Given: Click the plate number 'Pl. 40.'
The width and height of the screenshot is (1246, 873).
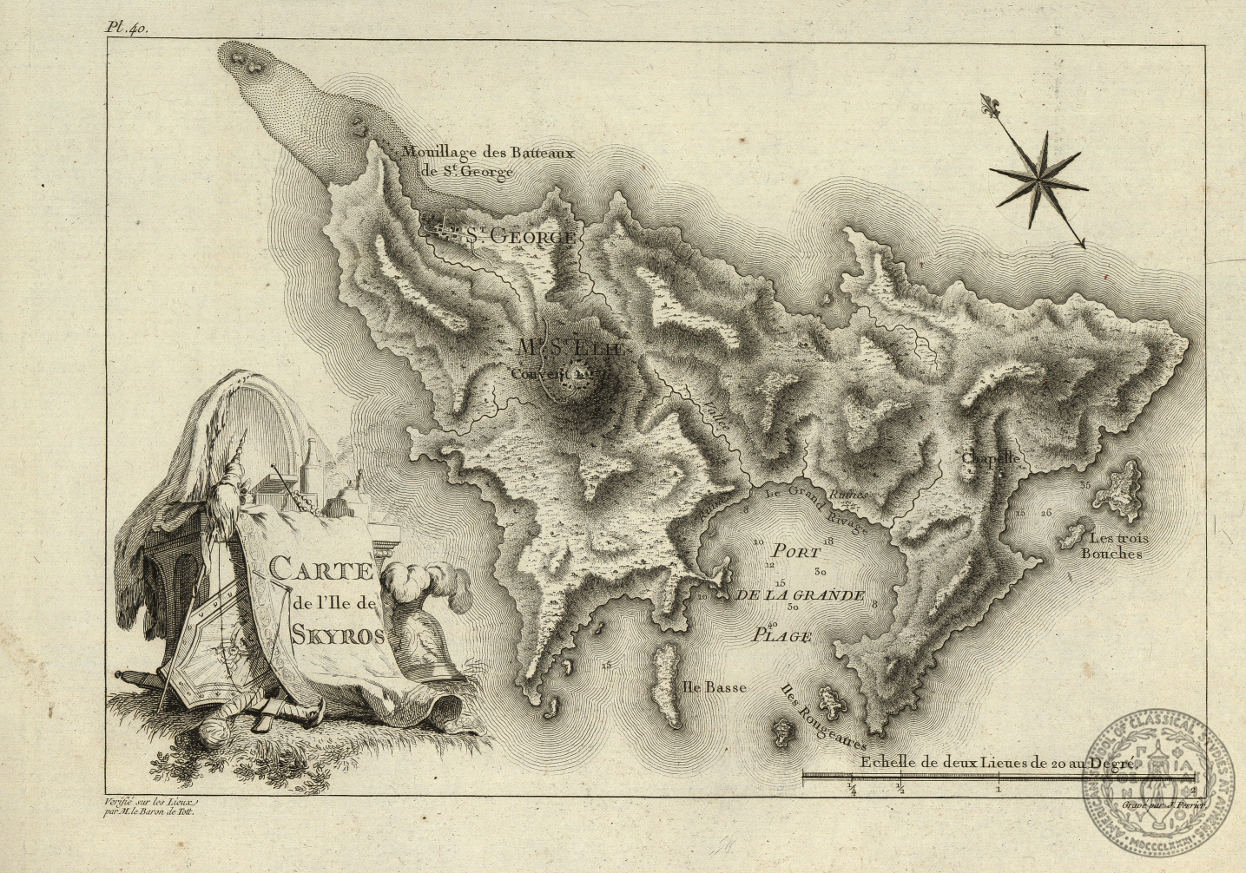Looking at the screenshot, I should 127,28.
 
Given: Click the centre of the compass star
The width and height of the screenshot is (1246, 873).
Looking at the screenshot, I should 1038,177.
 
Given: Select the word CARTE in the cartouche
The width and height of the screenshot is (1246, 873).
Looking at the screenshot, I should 320,572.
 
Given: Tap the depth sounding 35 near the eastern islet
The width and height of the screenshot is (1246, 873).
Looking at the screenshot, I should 1084,483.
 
